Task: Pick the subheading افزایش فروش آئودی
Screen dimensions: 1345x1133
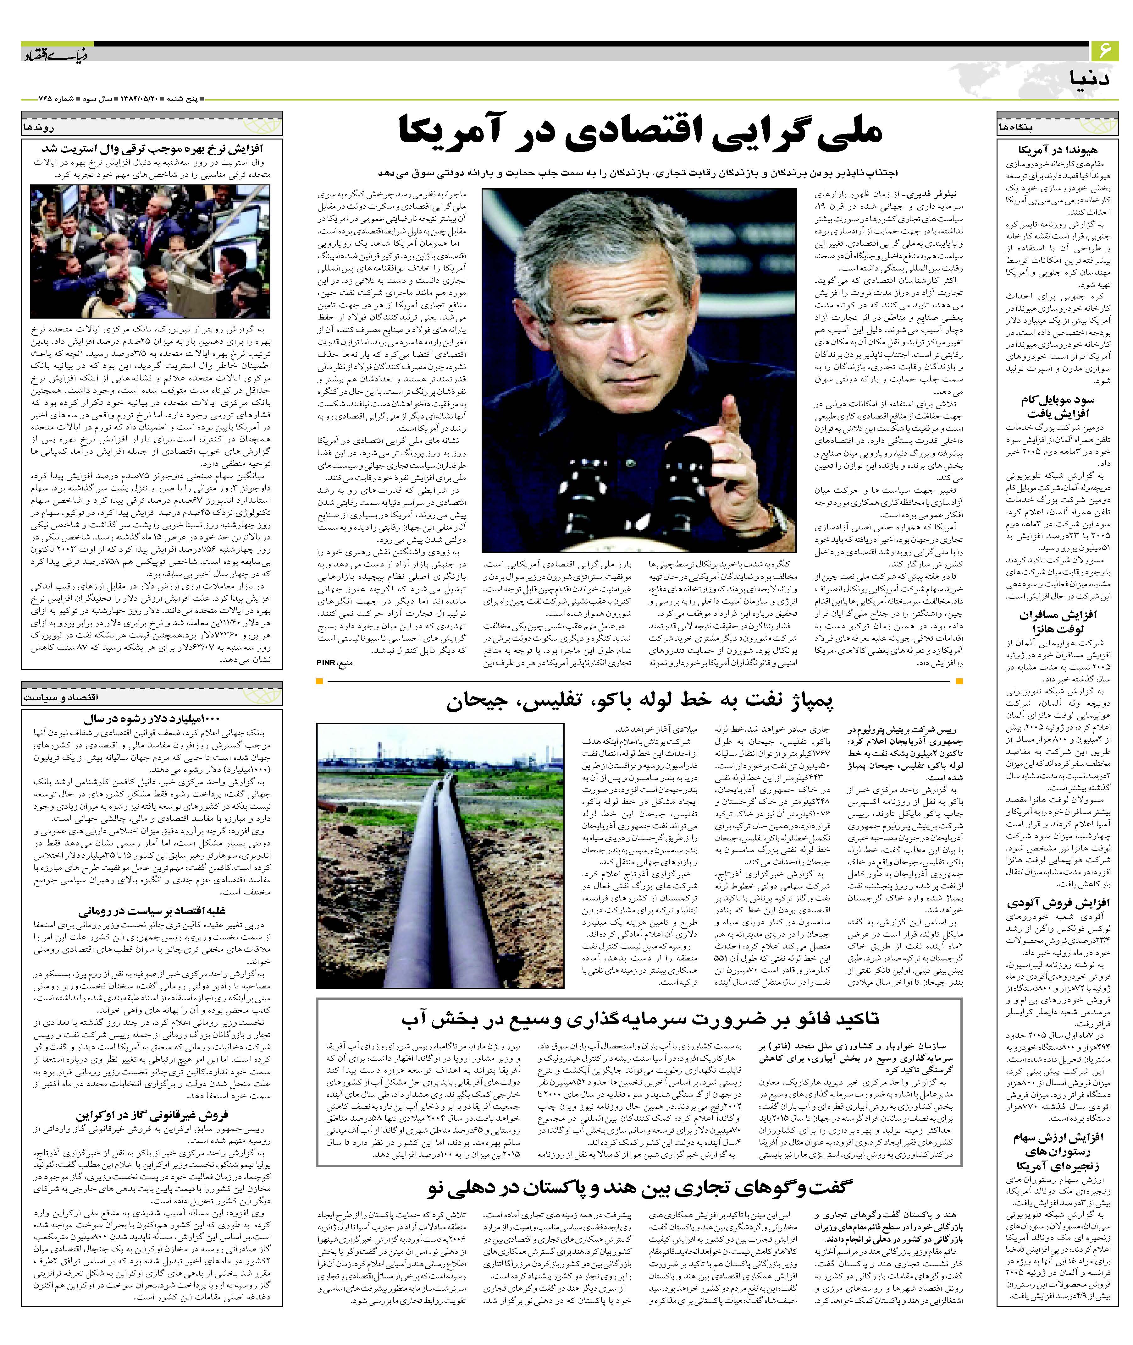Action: coord(1055,904)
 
